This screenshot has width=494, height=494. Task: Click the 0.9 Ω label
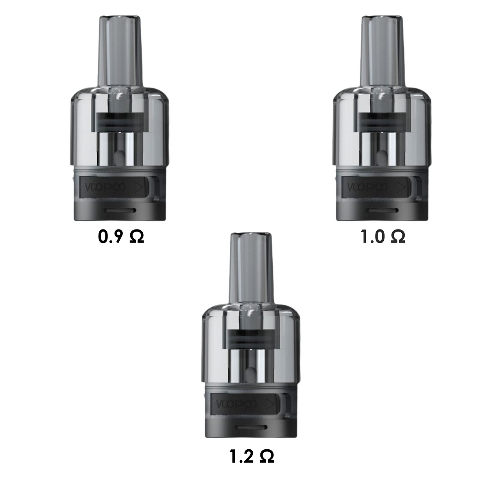121,237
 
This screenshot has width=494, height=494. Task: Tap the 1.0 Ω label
383,237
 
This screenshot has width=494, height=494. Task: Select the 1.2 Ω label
252,457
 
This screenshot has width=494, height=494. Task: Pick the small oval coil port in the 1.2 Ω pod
251,374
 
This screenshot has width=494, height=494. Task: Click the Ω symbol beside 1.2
267,457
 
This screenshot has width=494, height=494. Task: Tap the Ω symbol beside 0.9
136,237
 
